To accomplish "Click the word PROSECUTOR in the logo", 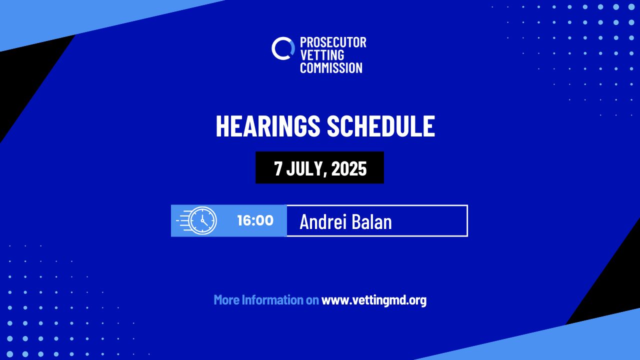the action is (333, 42).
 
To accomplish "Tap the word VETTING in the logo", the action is (322, 55).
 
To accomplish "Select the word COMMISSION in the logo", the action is (331, 67).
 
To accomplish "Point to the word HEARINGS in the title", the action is (268, 125).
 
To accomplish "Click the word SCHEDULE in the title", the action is (381, 125).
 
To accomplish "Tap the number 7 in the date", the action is (277, 168).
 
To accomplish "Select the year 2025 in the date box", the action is (349, 168).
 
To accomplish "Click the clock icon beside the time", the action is (203, 220).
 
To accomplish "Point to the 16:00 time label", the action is (255, 220).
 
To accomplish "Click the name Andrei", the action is (323, 221).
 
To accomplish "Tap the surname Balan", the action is (371, 221).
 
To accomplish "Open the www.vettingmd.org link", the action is (374, 300).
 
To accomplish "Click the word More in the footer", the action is (226, 299).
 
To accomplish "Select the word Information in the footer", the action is (272, 299).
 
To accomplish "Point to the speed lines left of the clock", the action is (183, 220).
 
